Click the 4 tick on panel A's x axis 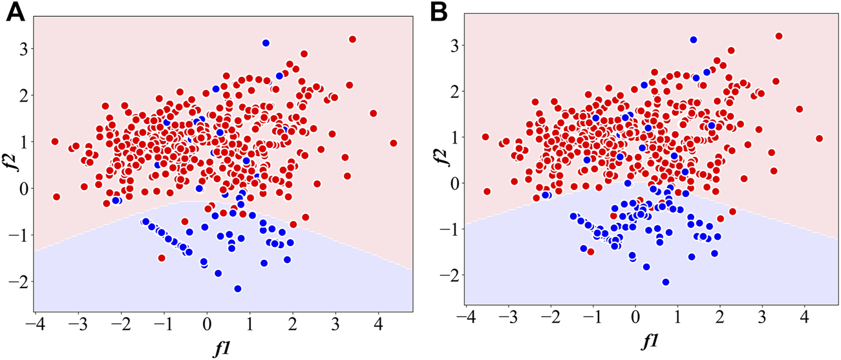point(378,323)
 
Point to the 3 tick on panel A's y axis point(22,49)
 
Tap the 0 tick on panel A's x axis point(207,323)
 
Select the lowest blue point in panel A point(238,289)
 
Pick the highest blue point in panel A point(266,43)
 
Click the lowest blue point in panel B point(665,282)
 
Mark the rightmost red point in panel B point(820,138)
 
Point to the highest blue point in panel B point(694,40)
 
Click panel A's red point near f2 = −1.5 point(161,258)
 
